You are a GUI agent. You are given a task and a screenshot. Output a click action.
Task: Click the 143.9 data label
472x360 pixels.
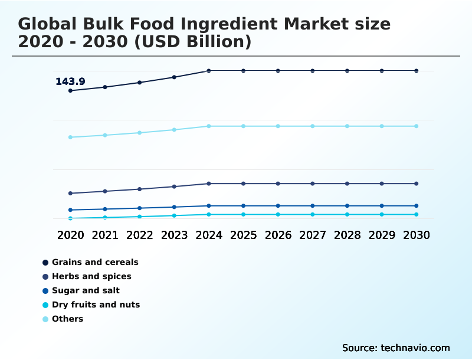click(x=70, y=81)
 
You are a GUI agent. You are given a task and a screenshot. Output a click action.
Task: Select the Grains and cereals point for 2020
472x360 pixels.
click(x=70, y=90)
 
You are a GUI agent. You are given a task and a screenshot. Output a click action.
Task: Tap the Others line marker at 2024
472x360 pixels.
click(x=209, y=126)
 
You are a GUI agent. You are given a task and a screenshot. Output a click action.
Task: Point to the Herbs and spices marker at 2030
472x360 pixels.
click(x=417, y=184)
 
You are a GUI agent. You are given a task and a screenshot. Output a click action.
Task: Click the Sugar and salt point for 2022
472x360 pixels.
click(x=140, y=208)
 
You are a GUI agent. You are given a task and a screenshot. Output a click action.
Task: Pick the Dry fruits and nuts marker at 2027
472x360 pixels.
click(x=313, y=214)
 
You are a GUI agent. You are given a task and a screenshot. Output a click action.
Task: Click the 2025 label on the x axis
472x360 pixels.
click(x=243, y=235)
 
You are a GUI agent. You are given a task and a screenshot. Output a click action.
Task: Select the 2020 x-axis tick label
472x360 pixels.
click(x=70, y=235)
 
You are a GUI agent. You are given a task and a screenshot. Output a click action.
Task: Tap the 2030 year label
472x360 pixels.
click(x=417, y=235)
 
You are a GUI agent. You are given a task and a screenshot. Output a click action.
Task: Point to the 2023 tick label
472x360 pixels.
click(x=174, y=235)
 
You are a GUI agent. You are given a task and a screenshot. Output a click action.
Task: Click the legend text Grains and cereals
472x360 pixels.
click(x=95, y=262)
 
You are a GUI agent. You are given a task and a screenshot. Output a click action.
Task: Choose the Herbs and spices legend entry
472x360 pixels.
click(x=91, y=276)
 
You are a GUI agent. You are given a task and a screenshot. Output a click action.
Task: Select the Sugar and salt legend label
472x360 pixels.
click(x=86, y=290)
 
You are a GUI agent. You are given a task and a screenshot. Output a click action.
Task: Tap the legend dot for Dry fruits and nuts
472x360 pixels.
click(x=45, y=305)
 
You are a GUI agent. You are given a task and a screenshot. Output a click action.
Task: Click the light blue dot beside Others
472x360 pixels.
click(x=45, y=319)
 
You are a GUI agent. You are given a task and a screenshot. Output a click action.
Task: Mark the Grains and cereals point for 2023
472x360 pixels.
click(x=174, y=77)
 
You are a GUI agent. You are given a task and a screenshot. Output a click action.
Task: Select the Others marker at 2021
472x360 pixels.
click(x=105, y=135)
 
